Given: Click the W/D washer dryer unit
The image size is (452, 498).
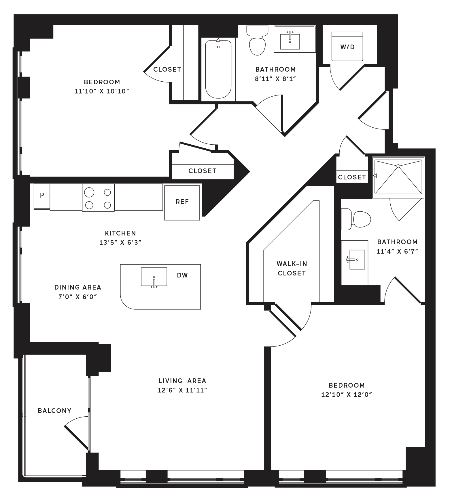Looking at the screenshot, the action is point(347,46).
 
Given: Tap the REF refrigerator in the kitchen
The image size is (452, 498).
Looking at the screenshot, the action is point(182,203).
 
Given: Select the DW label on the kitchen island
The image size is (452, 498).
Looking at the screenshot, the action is point(182,275).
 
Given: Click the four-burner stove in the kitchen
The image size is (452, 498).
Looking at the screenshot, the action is point(98,198).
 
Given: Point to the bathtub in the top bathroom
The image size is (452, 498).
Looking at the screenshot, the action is point(218,69).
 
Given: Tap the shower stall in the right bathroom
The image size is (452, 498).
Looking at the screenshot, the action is point(398,178).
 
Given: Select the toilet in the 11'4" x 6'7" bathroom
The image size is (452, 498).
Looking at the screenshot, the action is point(356,219).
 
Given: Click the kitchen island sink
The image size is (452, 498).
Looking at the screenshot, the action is point(154,277).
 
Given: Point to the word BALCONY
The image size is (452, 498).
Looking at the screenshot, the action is point(55,411).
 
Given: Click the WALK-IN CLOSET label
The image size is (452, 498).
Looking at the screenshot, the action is point(292,268).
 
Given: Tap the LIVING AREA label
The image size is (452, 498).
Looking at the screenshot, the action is point(182,381).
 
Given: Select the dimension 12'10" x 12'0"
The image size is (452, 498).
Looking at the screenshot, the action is point(347,394).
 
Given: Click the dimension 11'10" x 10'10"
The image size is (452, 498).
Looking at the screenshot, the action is point(102,91).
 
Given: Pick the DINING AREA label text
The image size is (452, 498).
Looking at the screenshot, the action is point(78,287).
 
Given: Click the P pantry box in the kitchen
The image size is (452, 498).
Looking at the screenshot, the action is point(42,196).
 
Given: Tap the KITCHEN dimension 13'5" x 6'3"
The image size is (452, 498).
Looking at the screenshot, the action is point(120,242).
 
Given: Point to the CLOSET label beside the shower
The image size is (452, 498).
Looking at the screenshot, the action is point(352,177).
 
